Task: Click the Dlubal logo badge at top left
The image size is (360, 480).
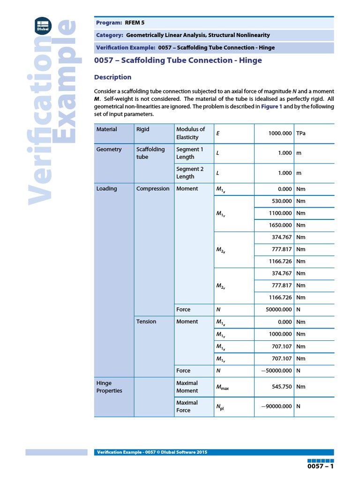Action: [43, 24]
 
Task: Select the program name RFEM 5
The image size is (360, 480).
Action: [136, 22]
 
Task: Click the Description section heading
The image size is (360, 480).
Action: [112, 77]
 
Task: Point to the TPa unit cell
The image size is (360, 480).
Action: [302, 134]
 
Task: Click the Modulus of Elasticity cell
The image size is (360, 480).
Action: [190, 133]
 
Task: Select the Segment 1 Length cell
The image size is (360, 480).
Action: [190, 153]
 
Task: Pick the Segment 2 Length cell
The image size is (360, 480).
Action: [190, 173]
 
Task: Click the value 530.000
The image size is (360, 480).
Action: [282, 201]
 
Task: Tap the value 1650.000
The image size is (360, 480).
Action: [280, 225]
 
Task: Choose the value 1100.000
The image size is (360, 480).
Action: [280, 213]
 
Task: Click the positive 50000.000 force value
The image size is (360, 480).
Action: [278, 310]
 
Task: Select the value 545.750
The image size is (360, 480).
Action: [282, 387]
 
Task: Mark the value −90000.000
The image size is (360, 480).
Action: [277, 407]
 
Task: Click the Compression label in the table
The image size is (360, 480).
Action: [153, 189]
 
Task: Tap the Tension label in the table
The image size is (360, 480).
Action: [146, 322]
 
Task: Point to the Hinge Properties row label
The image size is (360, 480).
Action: [109, 387]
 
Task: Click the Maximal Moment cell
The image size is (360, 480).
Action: [187, 387]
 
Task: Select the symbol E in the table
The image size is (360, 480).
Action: [218, 134]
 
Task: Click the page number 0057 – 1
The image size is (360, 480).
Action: [320, 467]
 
